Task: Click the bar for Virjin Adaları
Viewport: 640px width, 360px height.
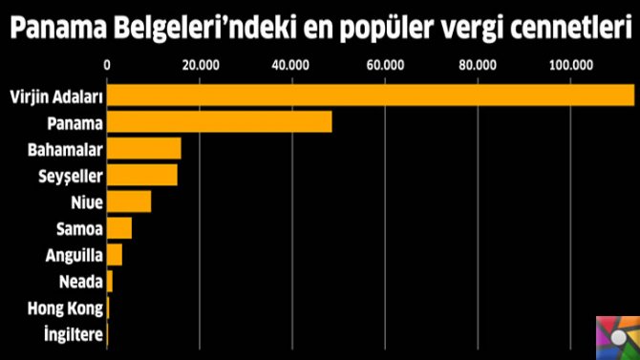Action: (x=371, y=95)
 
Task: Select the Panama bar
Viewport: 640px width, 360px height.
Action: (x=220, y=122)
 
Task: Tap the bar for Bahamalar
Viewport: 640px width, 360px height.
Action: (x=144, y=149)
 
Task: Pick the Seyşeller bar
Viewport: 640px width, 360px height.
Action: (x=142, y=176)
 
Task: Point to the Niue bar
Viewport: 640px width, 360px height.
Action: (x=129, y=201)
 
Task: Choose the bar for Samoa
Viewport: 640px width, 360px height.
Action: (x=119, y=228)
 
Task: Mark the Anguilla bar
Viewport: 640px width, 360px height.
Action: (x=115, y=255)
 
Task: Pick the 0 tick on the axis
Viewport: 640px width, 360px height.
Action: (x=107, y=65)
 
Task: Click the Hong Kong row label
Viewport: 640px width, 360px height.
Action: (x=68, y=308)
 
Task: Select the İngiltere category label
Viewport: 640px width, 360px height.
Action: (x=73, y=335)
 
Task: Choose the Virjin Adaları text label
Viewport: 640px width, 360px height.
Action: (x=54, y=96)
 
